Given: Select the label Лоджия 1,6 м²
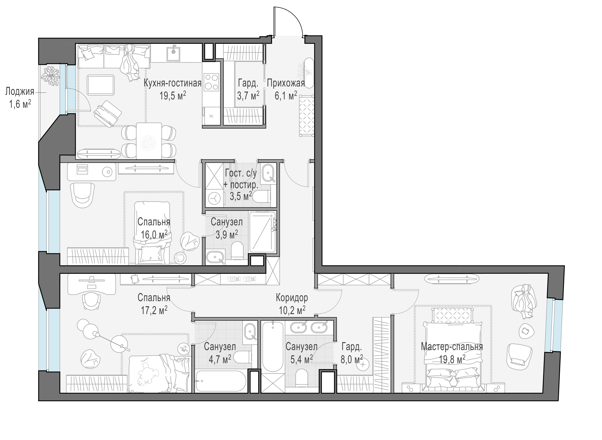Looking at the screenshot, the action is coord(20,98).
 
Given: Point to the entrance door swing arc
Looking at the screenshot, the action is coord(294,16).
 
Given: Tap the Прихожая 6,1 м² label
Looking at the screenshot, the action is coord(286,89).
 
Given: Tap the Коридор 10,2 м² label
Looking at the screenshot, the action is coord(292,304).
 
